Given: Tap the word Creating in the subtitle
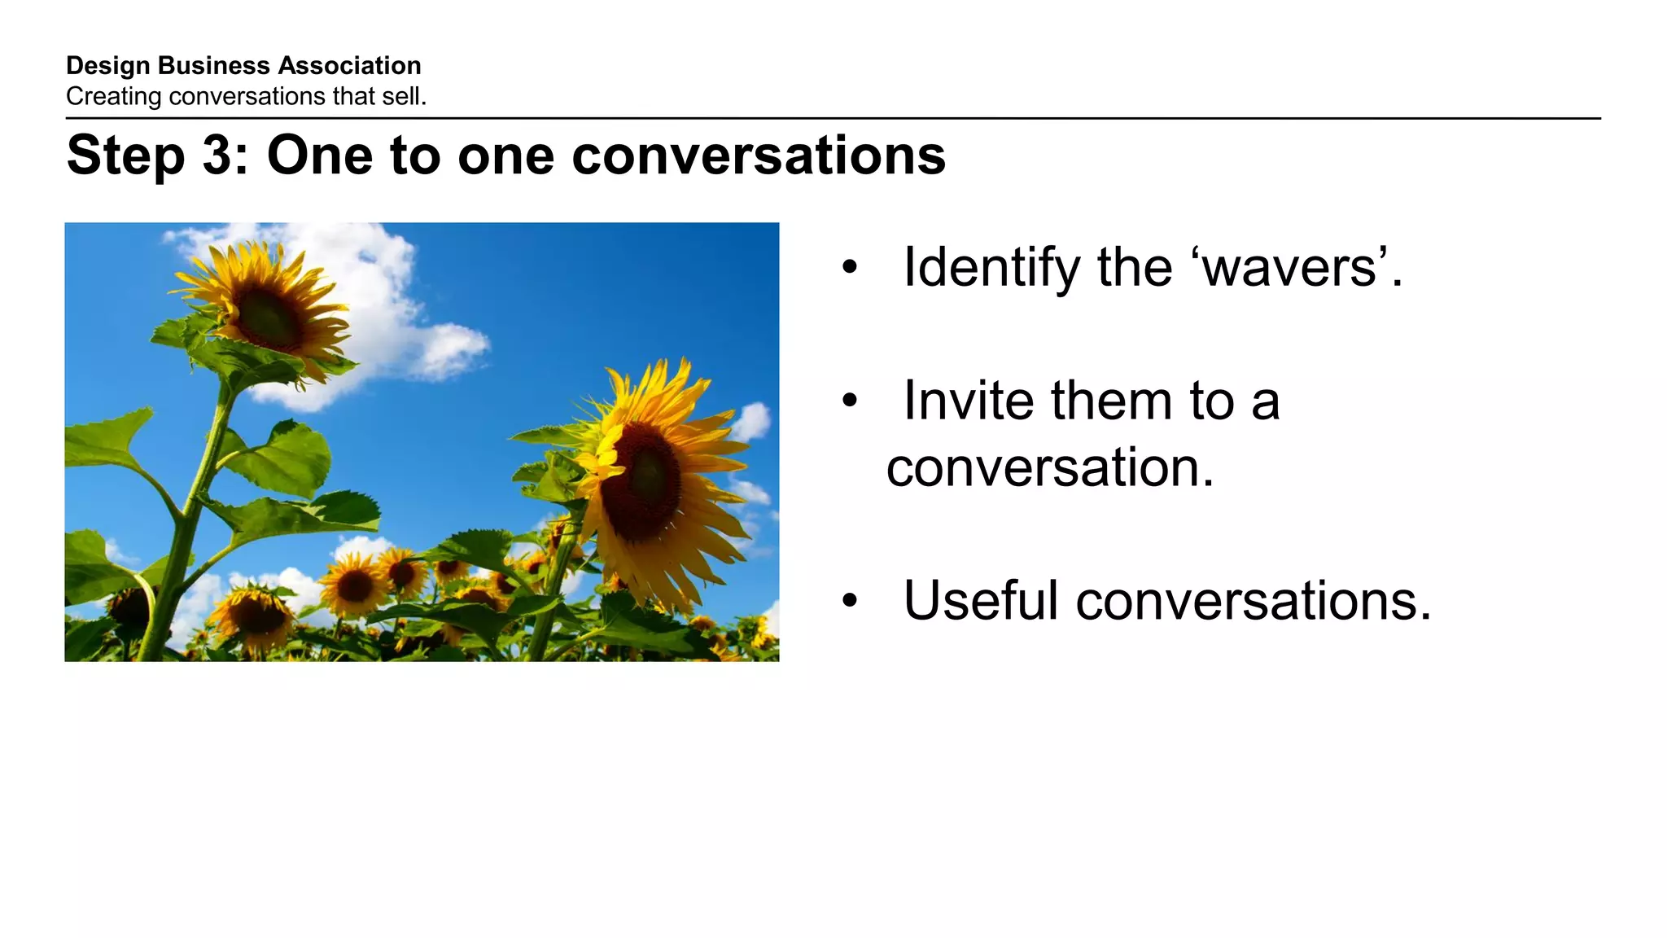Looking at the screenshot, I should point(113,97).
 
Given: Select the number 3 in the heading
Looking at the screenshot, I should point(217,155).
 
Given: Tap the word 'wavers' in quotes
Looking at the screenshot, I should point(1289,269).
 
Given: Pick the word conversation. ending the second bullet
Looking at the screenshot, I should point(1050,468).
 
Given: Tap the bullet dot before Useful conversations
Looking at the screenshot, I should point(850,602).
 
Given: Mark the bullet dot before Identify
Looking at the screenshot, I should point(850,268).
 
